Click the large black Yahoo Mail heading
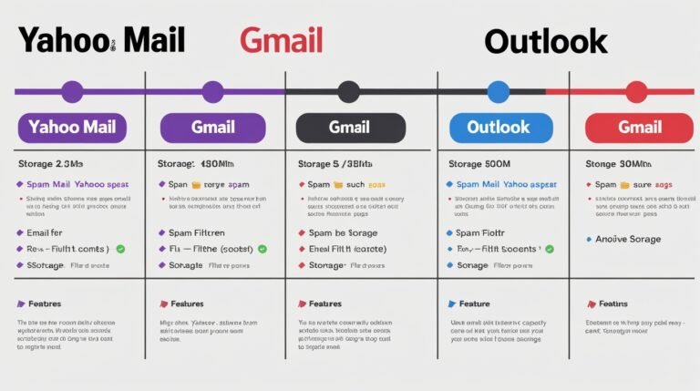coord(101,40)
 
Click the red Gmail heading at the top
coord(281,40)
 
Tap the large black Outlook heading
coord(545,41)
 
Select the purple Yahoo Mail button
coord(72,128)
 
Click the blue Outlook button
coord(498,128)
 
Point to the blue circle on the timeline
coord(498,91)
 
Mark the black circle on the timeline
coord(348,91)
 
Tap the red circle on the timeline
coord(636,91)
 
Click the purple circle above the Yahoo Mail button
coord(72,91)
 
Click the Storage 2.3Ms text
coord(51,164)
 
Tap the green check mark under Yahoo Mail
coord(120,248)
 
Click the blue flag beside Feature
coord(451,304)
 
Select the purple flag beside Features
coord(21,304)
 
